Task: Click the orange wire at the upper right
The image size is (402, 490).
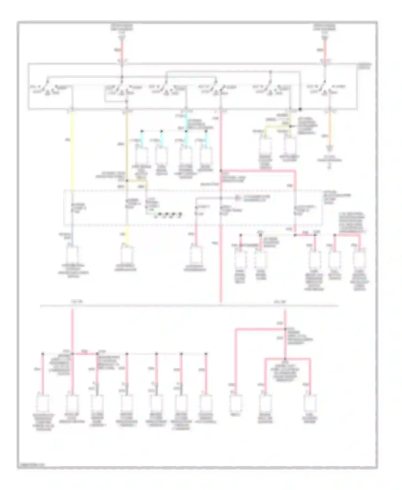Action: click(x=329, y=126)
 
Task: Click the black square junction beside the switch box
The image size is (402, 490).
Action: click(x=300, y=109)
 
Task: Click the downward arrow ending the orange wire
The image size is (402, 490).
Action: click(x=329, y=148)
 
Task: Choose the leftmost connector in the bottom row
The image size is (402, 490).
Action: click(x=43, y=403)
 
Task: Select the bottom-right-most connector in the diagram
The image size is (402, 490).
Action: click(x=310, y=403)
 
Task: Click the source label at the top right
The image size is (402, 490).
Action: click(x=325, y=28)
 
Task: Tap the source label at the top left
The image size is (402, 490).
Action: click(x=122, y=28)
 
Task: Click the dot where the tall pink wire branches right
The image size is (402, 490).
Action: click(x=221, y=170)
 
